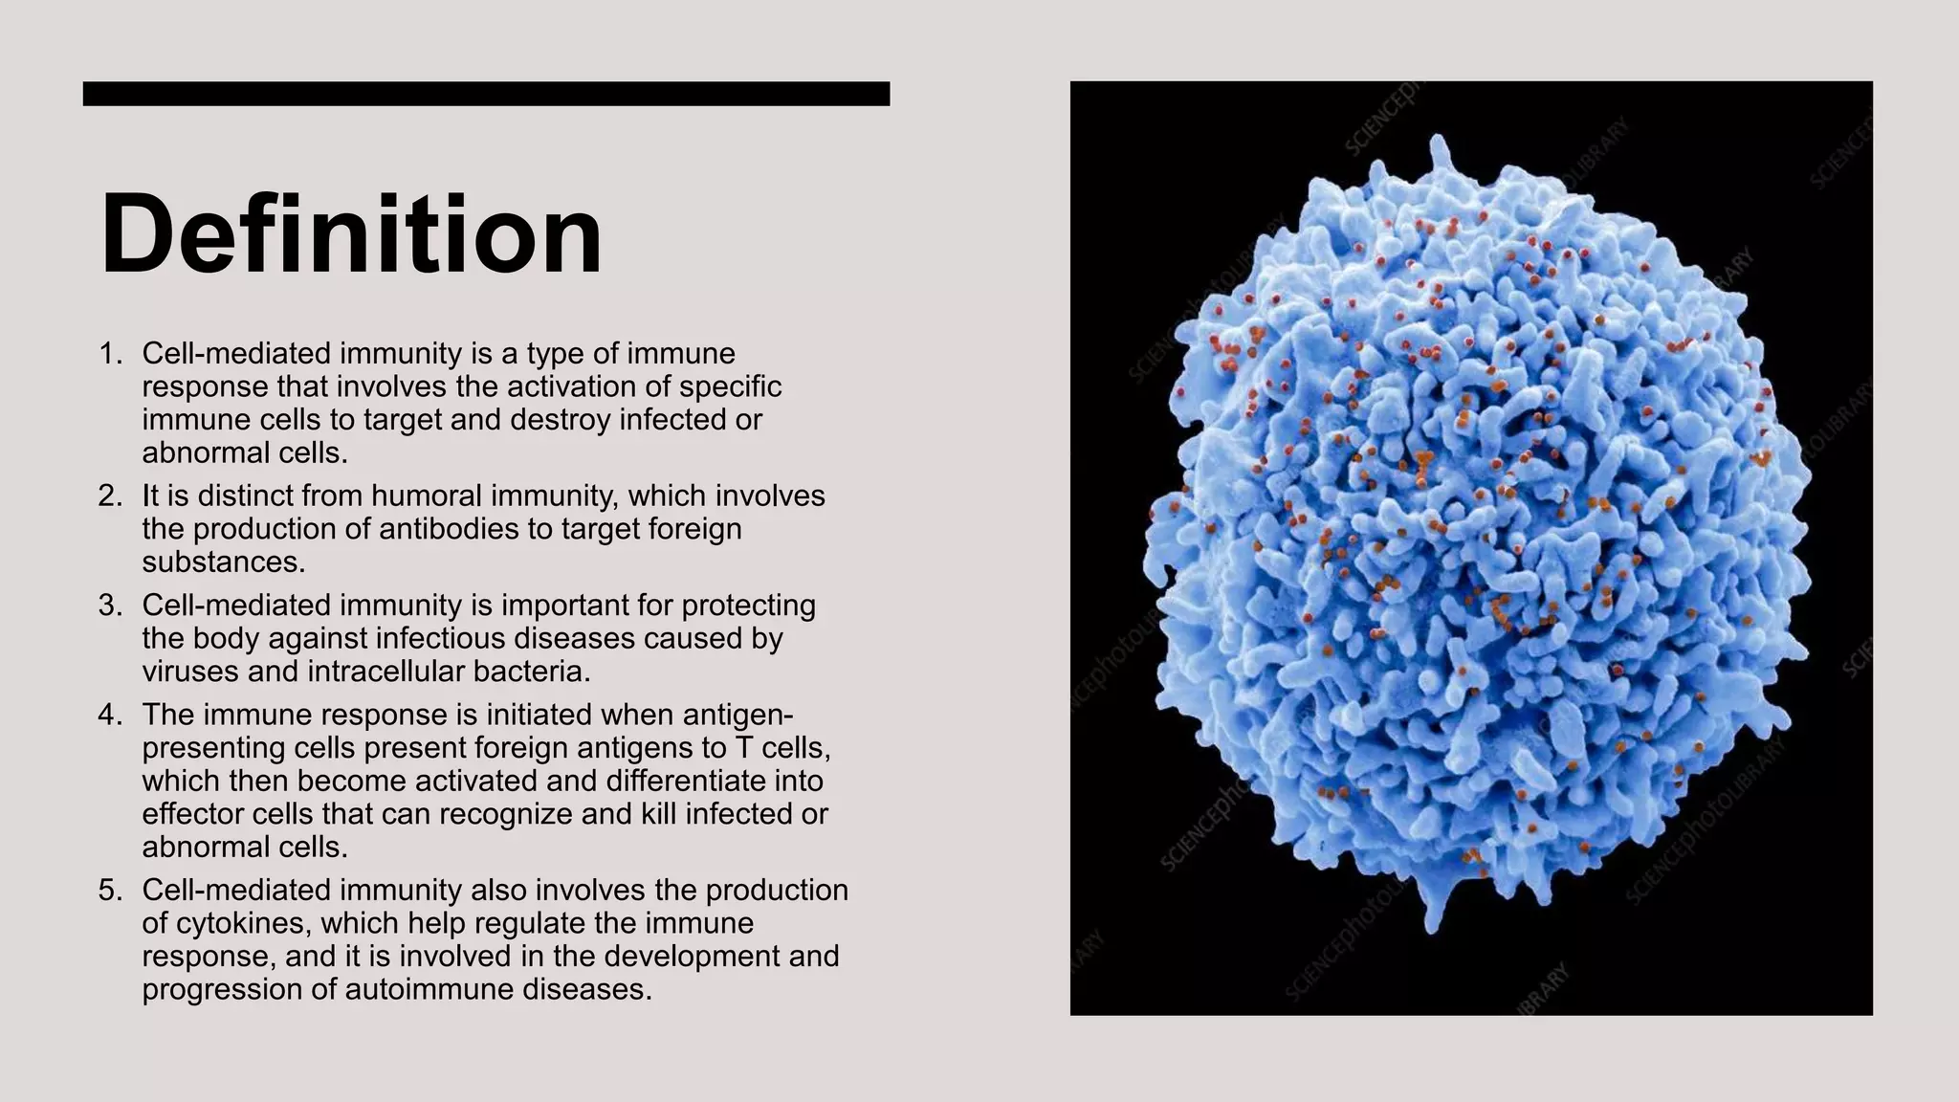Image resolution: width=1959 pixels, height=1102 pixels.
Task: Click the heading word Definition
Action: pos(351,235)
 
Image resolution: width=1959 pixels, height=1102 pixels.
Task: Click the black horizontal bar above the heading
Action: pos(486,94)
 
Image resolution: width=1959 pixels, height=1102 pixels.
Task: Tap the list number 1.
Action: pos(110,354)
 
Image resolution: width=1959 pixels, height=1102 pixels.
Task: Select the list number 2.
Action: pos(110,496)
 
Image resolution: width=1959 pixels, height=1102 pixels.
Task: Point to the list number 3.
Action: pos(110,606)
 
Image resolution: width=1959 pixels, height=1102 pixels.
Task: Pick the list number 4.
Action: pos(110,716)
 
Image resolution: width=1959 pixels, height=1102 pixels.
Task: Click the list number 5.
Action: pos(110,891)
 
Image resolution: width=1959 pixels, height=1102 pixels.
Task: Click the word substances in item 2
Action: pos(223,562)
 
